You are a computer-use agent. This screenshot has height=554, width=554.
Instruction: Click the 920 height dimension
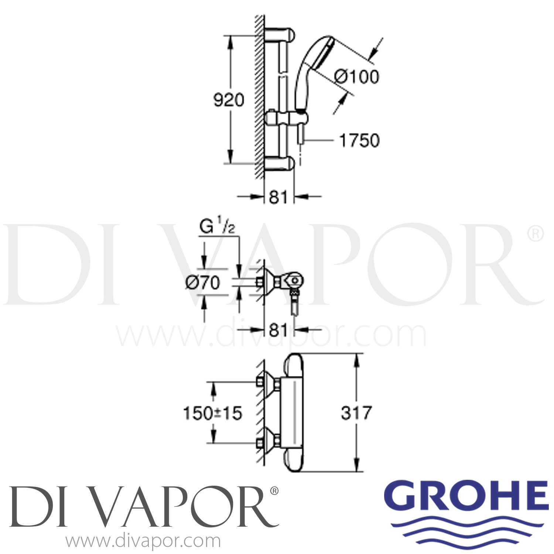229,100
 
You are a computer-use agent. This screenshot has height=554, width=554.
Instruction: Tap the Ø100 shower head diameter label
356,77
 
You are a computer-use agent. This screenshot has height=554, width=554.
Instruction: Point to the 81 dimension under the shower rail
278,197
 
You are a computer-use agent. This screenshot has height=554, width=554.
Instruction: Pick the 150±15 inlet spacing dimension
213,413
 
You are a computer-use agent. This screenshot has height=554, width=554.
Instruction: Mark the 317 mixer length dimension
356,413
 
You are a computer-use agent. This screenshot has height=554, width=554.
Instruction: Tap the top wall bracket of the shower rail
281,35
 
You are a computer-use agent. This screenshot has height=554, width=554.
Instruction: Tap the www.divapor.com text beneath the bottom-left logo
143,542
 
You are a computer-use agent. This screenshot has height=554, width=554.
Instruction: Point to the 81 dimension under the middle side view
278,330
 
